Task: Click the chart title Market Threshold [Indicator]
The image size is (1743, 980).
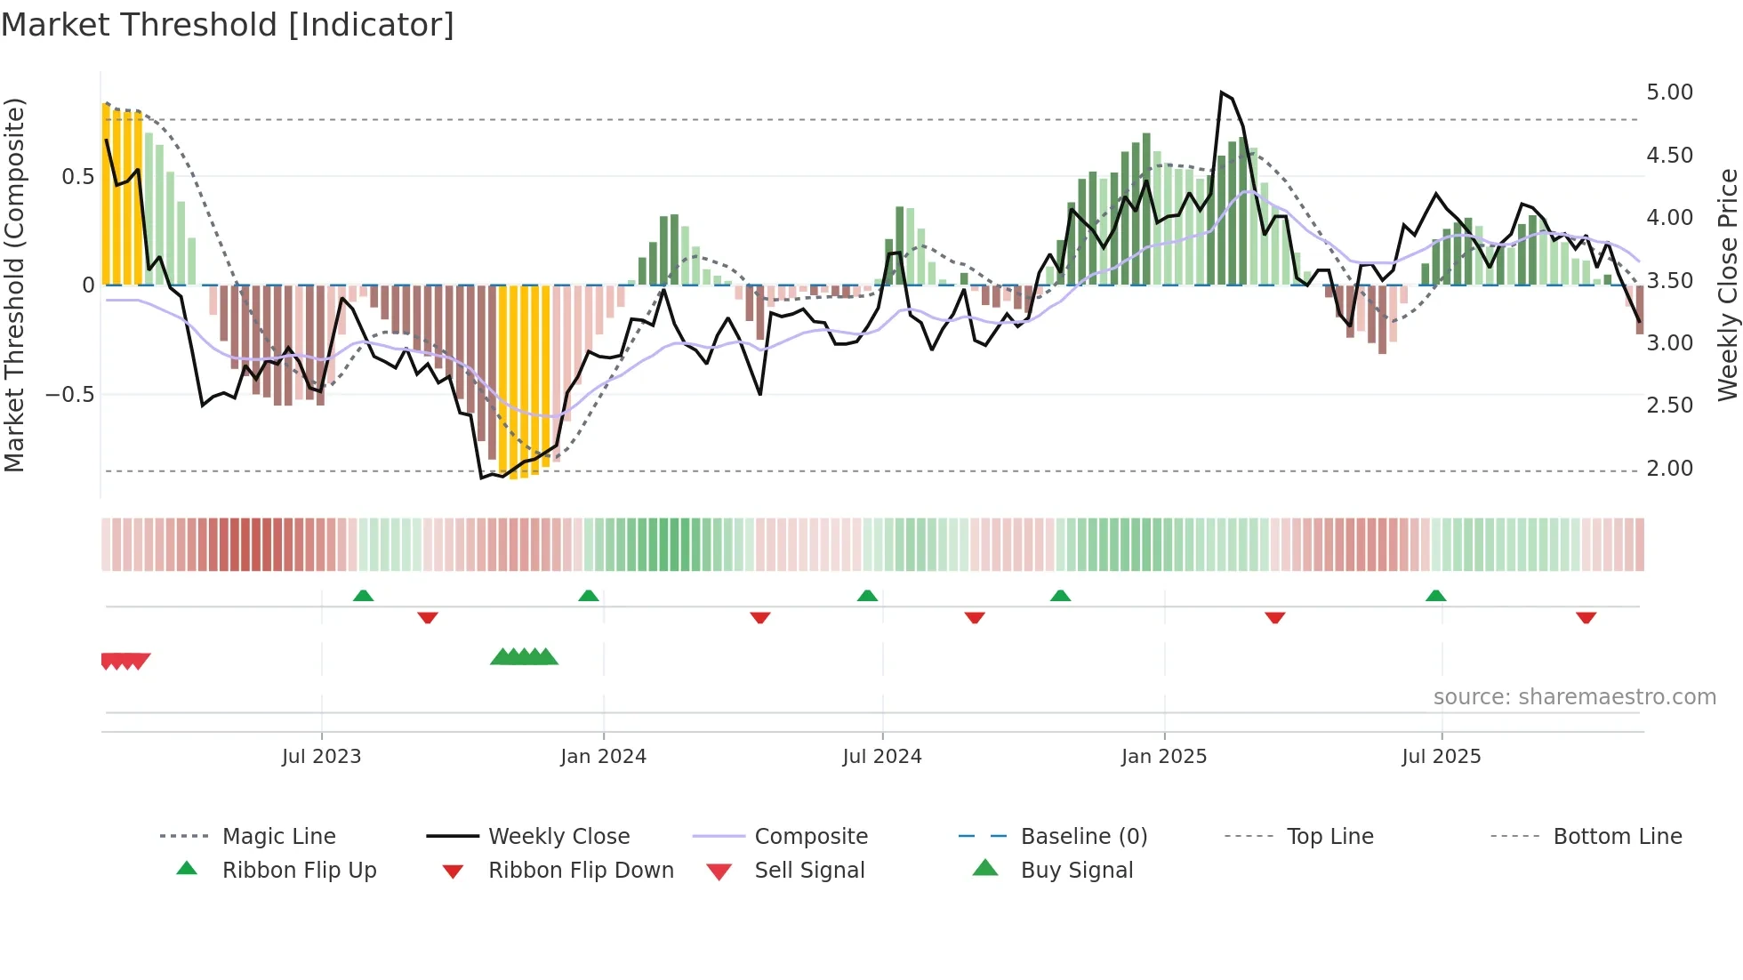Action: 228,25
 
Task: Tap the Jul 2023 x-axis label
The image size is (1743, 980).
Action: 321,757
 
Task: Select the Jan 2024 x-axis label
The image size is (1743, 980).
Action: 603,757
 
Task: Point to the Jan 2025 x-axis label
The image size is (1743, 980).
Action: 1163,757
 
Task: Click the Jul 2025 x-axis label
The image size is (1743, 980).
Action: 1441,757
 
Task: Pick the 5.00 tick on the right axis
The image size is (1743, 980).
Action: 1669,92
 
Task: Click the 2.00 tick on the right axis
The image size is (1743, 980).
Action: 1669,469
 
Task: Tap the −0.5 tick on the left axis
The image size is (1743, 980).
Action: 70,394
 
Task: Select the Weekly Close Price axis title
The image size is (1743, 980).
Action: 1726,285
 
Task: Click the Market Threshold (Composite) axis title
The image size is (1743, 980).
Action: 14,285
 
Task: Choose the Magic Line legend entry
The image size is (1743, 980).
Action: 278,837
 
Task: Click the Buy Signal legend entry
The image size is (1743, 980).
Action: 1076,871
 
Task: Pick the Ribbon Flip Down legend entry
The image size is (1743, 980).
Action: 581,871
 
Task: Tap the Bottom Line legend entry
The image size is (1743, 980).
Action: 1617,837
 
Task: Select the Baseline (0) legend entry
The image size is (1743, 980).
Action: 1083,837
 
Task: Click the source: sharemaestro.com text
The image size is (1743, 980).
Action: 1574,697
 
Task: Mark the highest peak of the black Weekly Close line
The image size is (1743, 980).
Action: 1221,92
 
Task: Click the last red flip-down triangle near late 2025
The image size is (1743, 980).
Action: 1586,617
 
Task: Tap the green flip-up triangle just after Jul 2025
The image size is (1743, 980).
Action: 1435,596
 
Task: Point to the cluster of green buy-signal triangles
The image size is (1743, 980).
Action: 524,657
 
